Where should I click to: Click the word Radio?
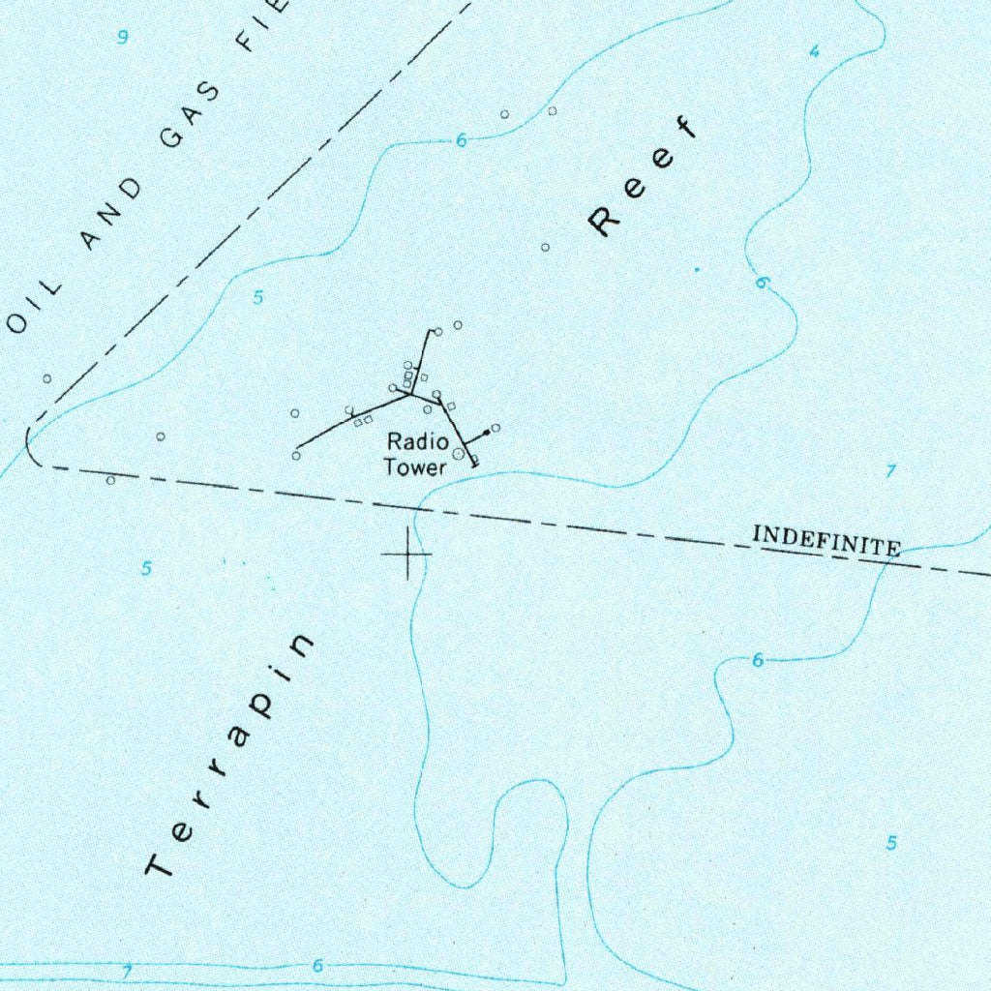coord(417,442)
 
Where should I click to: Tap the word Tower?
coord(415,467)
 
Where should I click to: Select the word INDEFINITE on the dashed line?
coord(826,540)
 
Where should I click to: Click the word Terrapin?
coord(231,756)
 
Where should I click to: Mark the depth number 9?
coord(122,38)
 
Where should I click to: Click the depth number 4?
coord(814,51)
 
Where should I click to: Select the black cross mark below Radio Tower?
coord(406,554)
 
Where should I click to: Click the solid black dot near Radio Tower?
coord(486,433)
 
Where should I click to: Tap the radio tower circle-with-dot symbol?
coord(459,453)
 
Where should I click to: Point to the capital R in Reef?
coord(604,222)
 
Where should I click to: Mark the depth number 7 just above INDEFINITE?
coord(891,471)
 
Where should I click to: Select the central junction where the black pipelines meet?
coord(411,394)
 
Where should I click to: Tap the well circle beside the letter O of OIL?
coord(46,378)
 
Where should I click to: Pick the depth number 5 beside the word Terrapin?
coord(146,568)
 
